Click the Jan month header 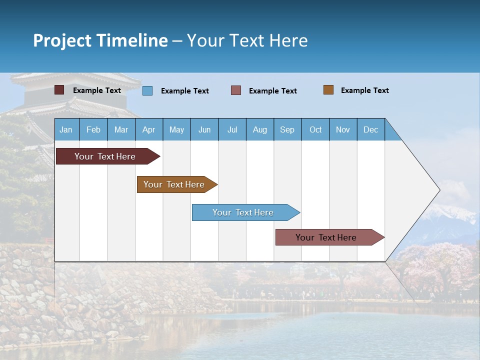click(x=66, y=129)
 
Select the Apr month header click(x=148, y=129)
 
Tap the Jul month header click(x=232, y=129)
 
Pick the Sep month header click(x=287, y=129)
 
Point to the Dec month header click(x=370, y=129)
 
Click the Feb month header click(x=93, y=129)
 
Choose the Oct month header click(x=315, y=129)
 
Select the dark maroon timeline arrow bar click(x=105, y=156)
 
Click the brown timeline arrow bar click(x=174, y=184)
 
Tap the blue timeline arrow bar click(x=243, y=212)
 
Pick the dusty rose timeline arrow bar click(x=326, y=237)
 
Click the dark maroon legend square click(x=59, y=90)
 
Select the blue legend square click(x=147, y=90)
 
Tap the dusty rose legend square click(x=236, y=90)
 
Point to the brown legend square click(x=328, y=90)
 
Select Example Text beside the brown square click(x=364, y=90)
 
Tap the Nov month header click(x=343, y=129)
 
